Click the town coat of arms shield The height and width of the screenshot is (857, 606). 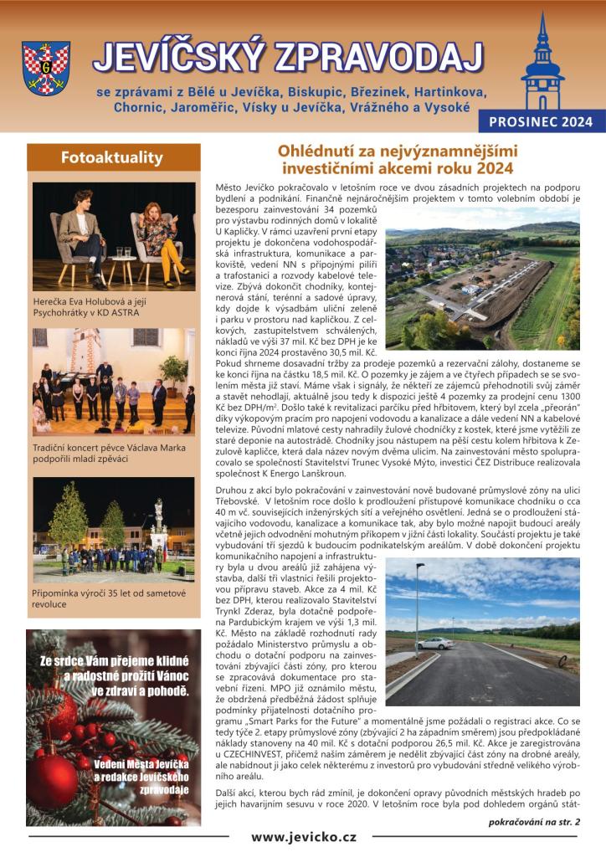point(46,67)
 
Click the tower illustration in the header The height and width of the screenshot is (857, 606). point(542,63)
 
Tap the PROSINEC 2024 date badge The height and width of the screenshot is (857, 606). point(542,121)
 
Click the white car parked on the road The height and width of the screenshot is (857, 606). point(435,643)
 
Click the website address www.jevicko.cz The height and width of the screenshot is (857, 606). point(303,836)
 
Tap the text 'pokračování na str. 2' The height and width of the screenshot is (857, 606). point(534,822)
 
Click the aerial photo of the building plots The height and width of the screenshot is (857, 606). point(482,278)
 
